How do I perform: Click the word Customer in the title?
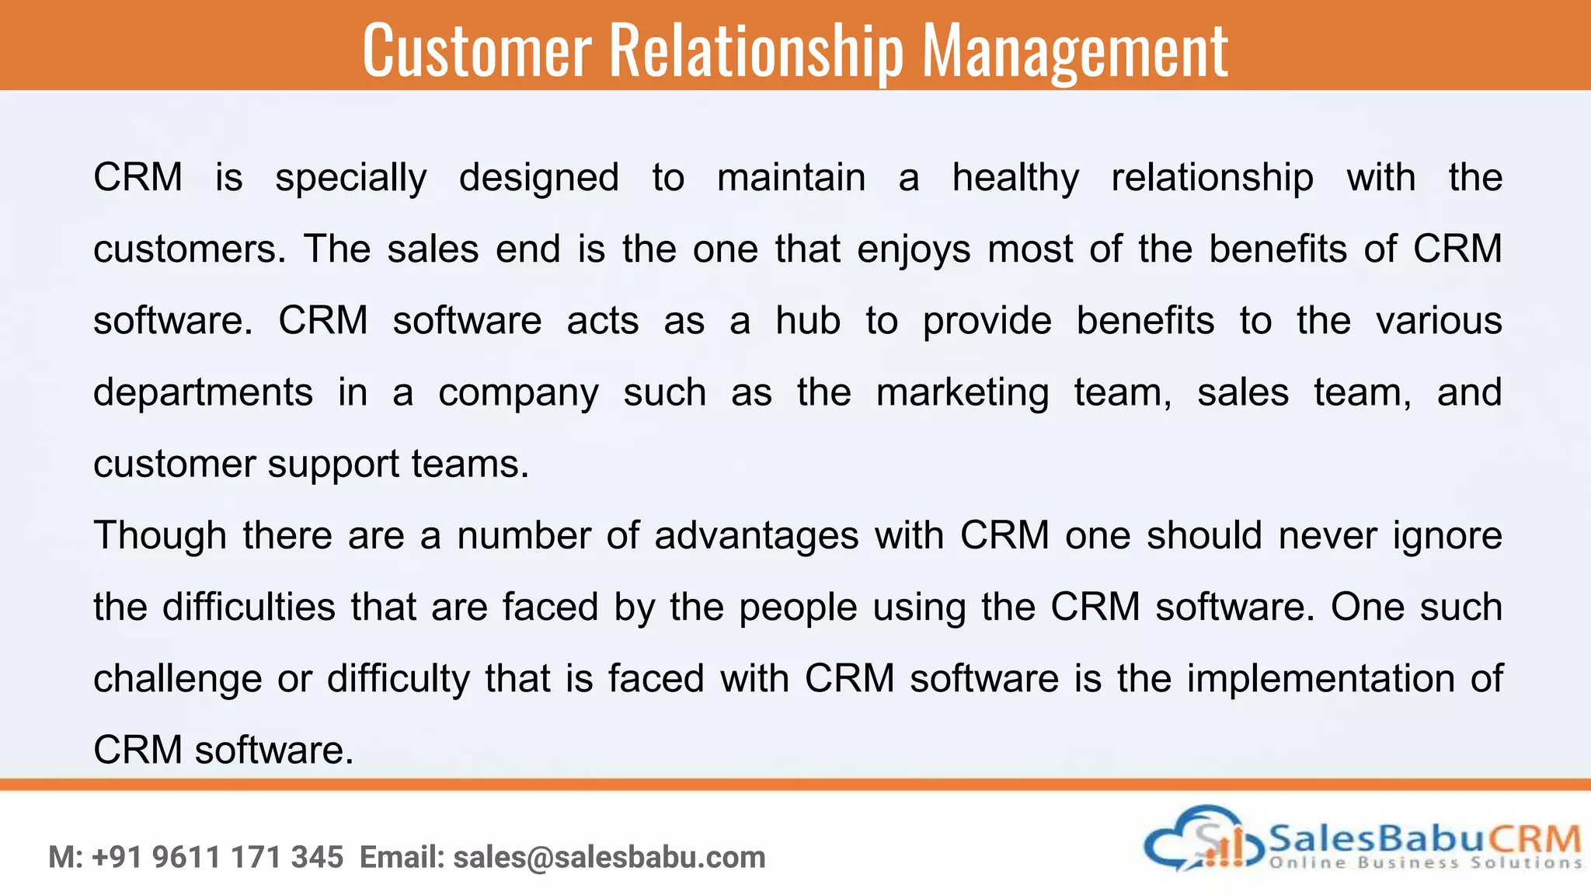click(476, 51)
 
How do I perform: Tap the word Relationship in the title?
click(757, 51)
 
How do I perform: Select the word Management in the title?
click(1075, 51)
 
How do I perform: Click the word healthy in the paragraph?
click(1015, 178)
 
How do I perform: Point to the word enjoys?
click(914, 249)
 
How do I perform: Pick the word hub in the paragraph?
click(808, 321)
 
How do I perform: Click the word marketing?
click(963, 392)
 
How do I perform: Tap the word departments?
click(203, 392)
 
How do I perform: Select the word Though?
click(160, 535)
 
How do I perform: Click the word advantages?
click(757, 535)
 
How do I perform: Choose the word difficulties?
click(249, 607)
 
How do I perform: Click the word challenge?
click(178, 678)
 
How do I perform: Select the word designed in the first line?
click(538, 178)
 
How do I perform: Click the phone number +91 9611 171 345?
click(218, 858)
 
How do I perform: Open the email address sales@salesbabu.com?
click(609, 858)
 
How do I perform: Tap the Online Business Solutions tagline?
click(1426, 862)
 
